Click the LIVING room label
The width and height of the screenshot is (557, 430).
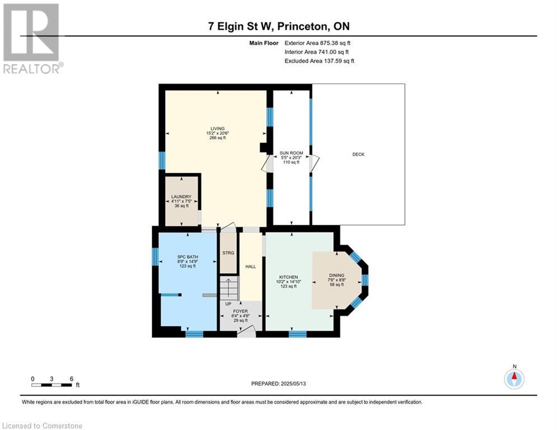point(217,129)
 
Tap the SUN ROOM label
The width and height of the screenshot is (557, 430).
point(291,153)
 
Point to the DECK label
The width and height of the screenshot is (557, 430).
point(358,154)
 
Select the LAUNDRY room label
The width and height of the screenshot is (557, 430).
point(181,197)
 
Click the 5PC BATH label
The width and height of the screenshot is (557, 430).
point(188,257)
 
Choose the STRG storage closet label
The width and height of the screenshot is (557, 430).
point(228,253)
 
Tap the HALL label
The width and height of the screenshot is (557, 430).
point(251,267)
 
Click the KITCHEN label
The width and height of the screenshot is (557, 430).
point(288,277)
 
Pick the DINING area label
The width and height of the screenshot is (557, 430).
point(336,275)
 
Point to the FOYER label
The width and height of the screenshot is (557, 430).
point(241,311)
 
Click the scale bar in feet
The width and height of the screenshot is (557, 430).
point(52,385)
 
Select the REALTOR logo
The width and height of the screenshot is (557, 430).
point(31,39)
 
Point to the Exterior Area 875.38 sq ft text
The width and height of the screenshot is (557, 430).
point(317,43)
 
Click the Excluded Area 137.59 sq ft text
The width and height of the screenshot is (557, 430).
point(319,61)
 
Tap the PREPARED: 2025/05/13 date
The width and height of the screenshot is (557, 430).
point(279,384)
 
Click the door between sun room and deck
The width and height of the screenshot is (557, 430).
point(315,164)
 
